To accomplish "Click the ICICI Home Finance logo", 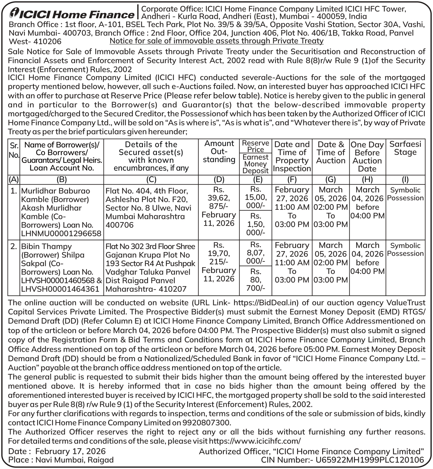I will pyautogui.click(x=71, y=14).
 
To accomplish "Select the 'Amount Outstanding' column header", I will pyautogui.click(x=219, y=151).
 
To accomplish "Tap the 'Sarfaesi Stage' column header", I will pyautogui.click(x=405, y=148).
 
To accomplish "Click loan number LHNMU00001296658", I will pyautogui.click(x=61, y=234).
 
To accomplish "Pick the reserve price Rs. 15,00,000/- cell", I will pyautogui.click(x=256, y=197).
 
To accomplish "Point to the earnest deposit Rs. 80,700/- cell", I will pyautogui.click(x=256, y=280).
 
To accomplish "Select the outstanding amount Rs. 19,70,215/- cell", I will pyautogui.click(x=219, y=253).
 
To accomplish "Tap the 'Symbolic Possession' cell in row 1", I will pyautogui.click(x=405, y=194).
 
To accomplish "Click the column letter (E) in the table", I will pyautogui.click(x=257, y=180).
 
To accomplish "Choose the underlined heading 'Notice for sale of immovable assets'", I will pyautogui.click(x=216, y=41).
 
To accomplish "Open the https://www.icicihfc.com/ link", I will pyautogui.click(x=255, y=441).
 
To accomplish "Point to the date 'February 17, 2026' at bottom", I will pyautogui.click(x=71, y=451).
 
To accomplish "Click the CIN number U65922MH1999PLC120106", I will pyautogui.click(x=369, y=460).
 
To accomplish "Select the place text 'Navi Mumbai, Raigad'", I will pyautogui.click(x=74, y=460).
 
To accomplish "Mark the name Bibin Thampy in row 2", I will pyautogui.click(x=46, y=246).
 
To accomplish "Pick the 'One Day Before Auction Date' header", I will pyautogui.click(x=367, y=157).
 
